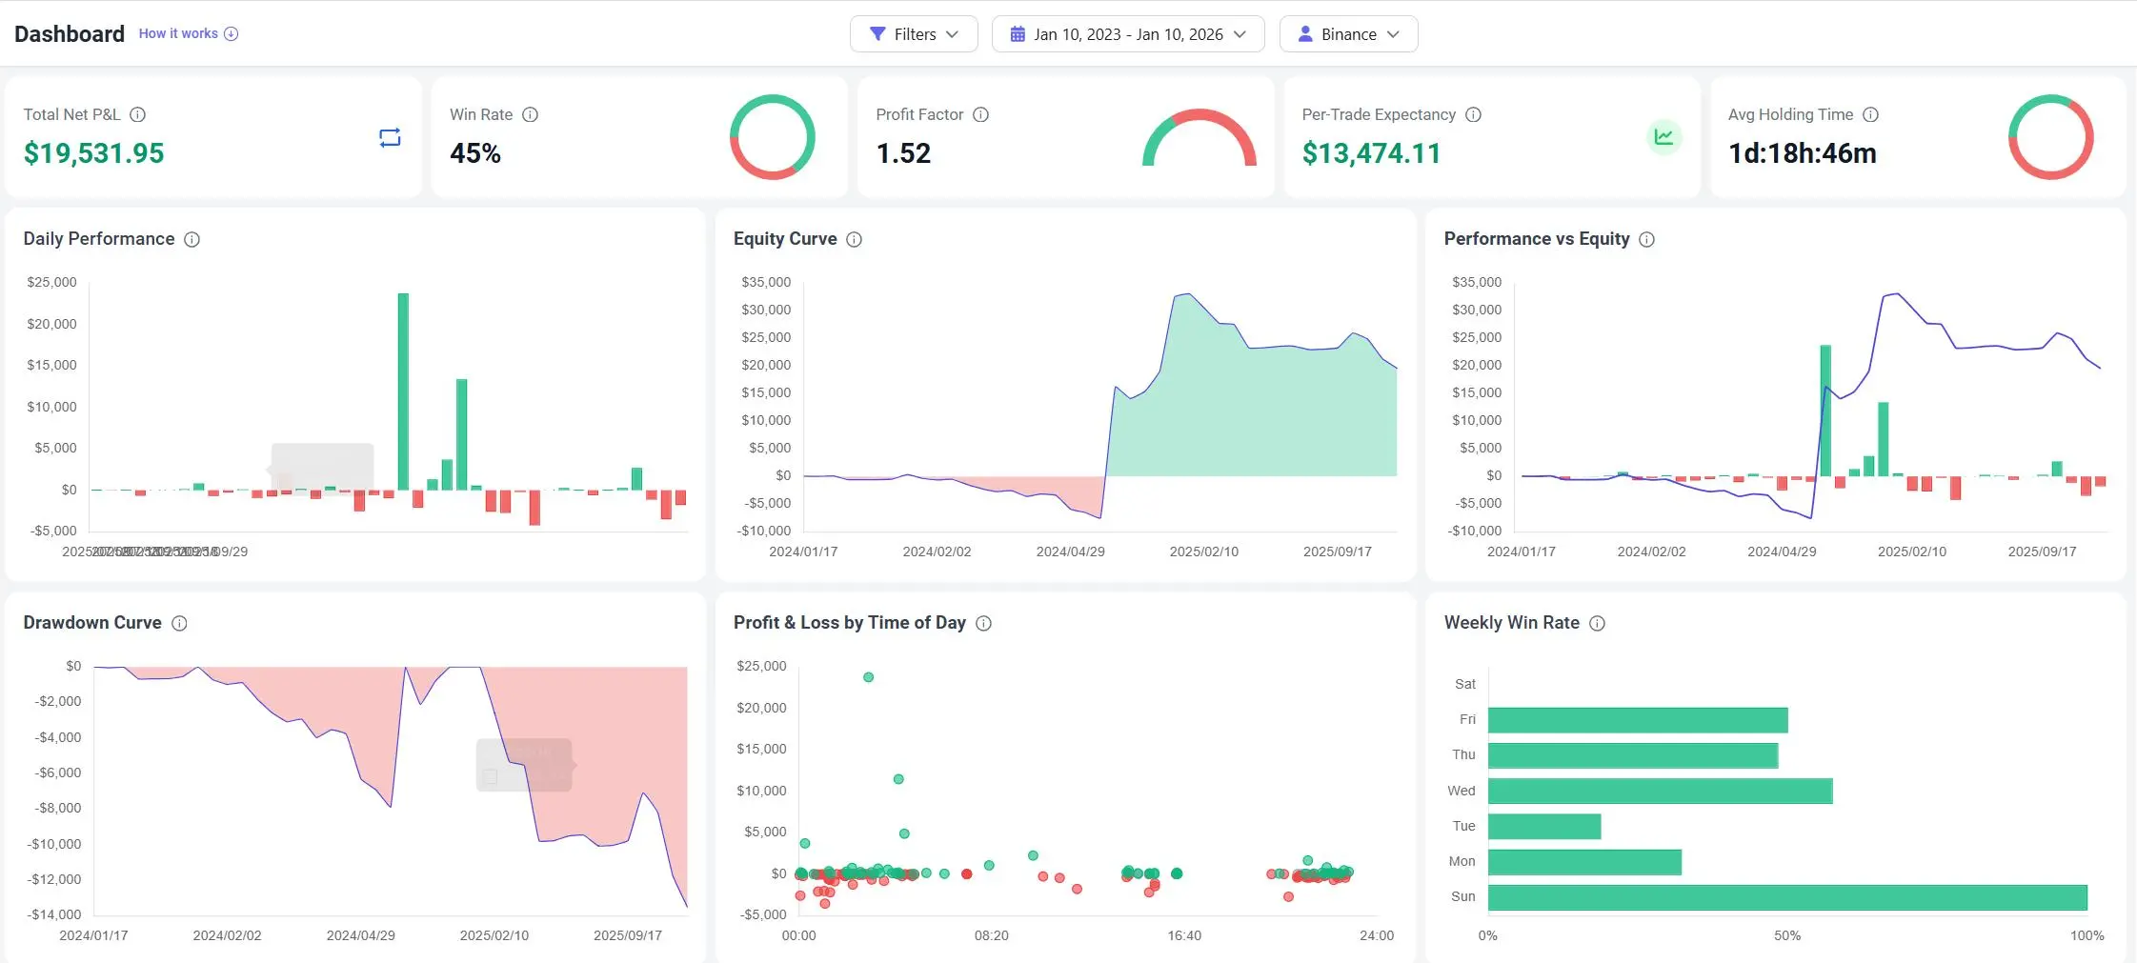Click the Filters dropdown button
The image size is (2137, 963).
click(x=913, y=34)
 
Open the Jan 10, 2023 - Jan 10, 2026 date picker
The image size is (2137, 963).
click(x=1127, y=34)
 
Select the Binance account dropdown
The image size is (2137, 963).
click(x=1347, y=34)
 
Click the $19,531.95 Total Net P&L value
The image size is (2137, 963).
click(x=93, y=153)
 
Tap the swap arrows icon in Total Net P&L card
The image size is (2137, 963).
click(x=390, y=138)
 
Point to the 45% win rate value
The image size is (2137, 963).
click(x=475, y=153)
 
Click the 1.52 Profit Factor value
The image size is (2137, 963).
click(x=903, y=153)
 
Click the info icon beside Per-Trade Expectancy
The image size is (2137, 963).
click(x=1473, y=114)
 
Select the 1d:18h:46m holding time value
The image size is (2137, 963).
click(x=1802, y=153)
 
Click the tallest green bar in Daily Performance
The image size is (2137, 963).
click(x=403, y=391)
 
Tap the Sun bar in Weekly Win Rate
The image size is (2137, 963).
click(x=1786, y=897)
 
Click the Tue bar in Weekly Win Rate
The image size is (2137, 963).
click(x=1543, y=826)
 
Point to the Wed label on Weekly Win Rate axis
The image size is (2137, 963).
click(x=1461, y=791)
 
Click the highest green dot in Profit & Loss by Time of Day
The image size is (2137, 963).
click(x=868, y=677)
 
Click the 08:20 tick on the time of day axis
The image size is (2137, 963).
click(x=991, y=935)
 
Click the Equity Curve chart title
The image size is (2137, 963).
click(x=784, y=239)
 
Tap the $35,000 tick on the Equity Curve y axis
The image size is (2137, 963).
click(x=766, y=282)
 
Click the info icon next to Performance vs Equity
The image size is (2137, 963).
click(x=1646, y=239)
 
